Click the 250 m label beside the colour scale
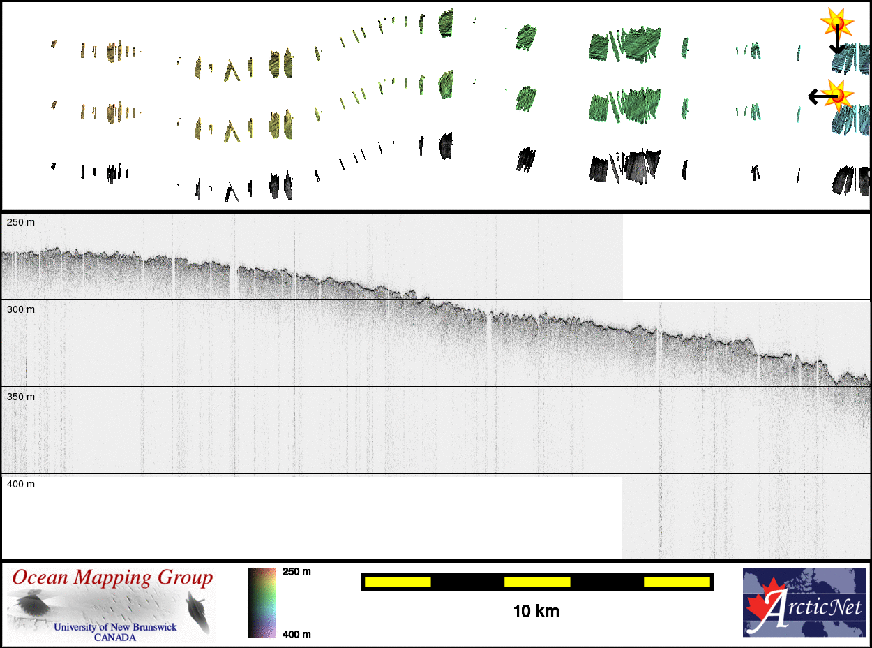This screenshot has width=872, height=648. (296, 572)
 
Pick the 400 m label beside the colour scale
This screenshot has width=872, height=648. (296, 634)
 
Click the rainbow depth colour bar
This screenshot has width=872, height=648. (262, 602)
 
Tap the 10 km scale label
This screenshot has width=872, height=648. (536, 612)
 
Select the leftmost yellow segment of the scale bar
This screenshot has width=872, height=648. (398, 582)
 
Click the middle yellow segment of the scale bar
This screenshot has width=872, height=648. (537, 582)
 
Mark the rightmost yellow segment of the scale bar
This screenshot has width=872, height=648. (677, 582)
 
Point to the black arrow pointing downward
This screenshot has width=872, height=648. (836, 43)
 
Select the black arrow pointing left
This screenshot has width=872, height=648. (818, 96)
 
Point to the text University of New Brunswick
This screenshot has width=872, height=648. (115, 627)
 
